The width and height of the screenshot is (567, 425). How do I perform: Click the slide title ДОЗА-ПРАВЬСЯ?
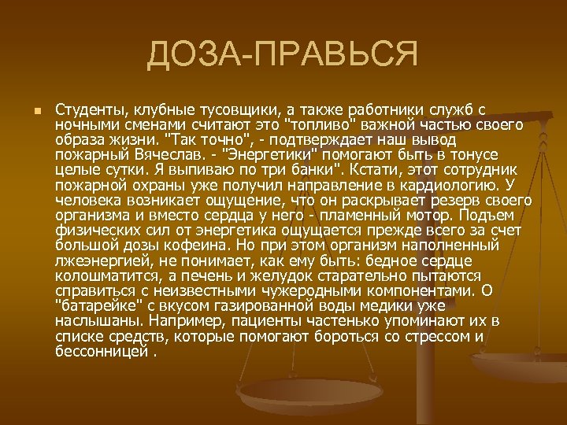pyautogui.click(x=282, y=55)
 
